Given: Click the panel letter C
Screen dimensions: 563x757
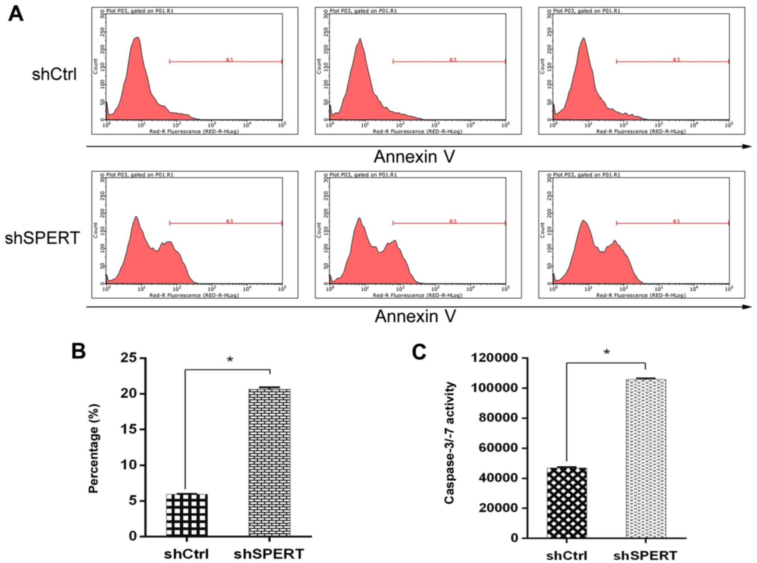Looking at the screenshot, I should (x=419, y=351).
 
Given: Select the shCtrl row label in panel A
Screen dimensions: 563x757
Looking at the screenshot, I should (x=54, y=74).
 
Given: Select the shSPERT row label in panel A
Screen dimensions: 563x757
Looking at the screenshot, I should (x=42, y=238).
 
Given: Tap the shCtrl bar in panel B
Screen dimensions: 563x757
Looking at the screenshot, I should (x=186, y=515).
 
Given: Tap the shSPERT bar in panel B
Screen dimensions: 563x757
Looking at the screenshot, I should (x=269, y=463).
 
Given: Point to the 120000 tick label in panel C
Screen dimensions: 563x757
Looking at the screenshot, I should (x=494, y=358).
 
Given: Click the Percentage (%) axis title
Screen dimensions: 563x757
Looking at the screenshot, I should (x=94, y=448).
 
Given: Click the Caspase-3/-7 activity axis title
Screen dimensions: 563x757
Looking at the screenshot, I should (x=450, y=442).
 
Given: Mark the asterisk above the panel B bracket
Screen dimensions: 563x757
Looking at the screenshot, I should (x=230, y=360).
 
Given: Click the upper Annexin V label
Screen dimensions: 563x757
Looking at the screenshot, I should (x=414, y=157).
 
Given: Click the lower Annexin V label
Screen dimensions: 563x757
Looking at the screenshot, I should (x=415, y=316).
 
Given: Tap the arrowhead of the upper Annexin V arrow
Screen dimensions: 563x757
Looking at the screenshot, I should (x=747, y=147).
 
